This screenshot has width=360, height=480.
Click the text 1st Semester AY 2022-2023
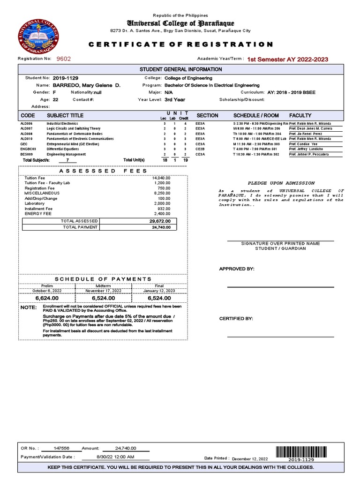pos(287,60)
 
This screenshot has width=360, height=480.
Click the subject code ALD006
pos(26,123)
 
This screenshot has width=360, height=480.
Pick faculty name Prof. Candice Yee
pos(303,144)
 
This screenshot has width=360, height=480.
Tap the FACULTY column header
pos(300,115)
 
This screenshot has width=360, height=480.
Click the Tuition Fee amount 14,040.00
pos(161,178)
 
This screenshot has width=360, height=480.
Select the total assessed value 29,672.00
pos(160,221)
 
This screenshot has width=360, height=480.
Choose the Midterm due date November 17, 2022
pos(103,291)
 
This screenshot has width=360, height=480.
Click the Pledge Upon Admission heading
pos(281,183)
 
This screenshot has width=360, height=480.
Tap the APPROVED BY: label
pos(237,269)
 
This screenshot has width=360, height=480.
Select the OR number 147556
pos(61,448)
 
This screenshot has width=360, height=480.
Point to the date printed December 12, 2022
pos(250,458)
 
